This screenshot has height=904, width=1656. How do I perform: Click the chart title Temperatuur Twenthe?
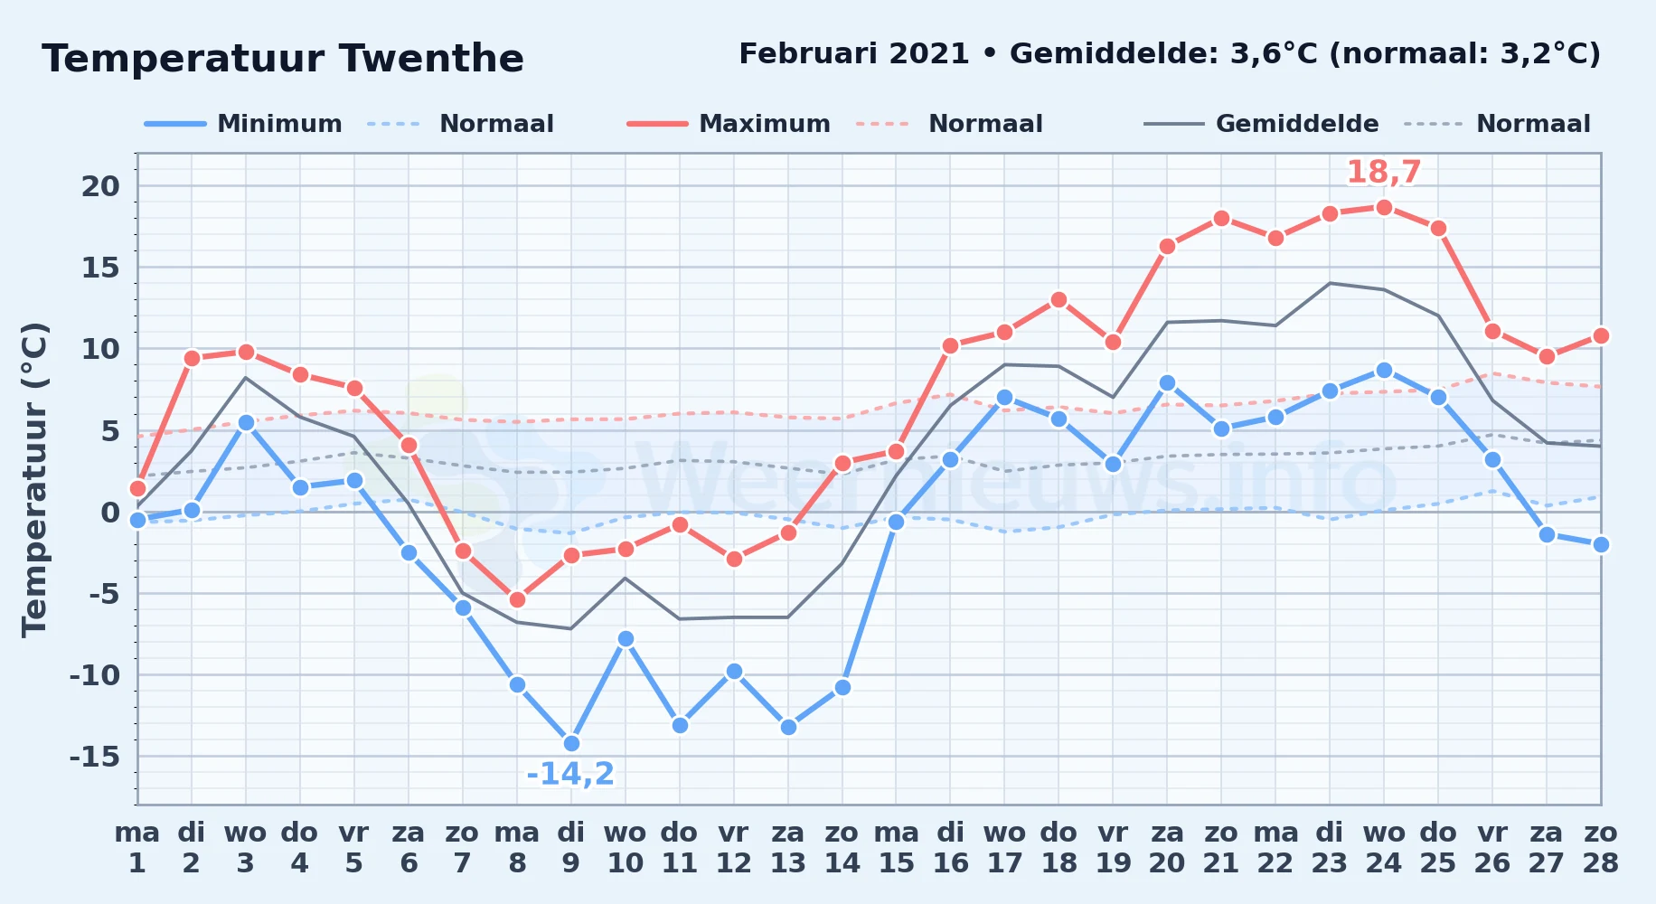pos(283,59)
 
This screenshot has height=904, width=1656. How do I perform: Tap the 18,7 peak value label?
pos(1384,172)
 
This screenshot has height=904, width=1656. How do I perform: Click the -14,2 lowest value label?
pos(570,774)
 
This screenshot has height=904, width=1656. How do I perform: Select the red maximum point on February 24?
pos(1384,207)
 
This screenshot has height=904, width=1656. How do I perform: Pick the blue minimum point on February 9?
pos(571,743)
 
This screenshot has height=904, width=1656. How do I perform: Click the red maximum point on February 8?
pos(517,599)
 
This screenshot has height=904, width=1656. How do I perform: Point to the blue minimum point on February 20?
pos(1167,383)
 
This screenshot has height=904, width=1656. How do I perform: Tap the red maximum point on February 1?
pos(137,488)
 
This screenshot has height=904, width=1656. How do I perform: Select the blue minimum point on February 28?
pos(1601,544)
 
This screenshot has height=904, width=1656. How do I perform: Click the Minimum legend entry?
pos(244,124)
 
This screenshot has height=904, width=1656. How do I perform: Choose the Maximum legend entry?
pos(729,124)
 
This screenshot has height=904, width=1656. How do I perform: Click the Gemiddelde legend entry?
pos(1262,124)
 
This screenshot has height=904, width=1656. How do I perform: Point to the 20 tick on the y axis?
pos(100,186)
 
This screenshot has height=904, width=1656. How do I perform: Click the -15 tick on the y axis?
pos(95,756)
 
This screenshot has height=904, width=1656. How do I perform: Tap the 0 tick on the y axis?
pos(110,512)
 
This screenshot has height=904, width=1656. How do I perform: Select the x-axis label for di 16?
pos(950,848)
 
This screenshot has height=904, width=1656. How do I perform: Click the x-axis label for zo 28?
pos(1601,848)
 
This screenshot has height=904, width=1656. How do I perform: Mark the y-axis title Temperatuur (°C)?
pos(34,479)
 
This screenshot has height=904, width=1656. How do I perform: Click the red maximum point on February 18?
pos(1059,299)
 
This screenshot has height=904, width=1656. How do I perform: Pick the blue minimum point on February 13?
pos(788,727)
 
